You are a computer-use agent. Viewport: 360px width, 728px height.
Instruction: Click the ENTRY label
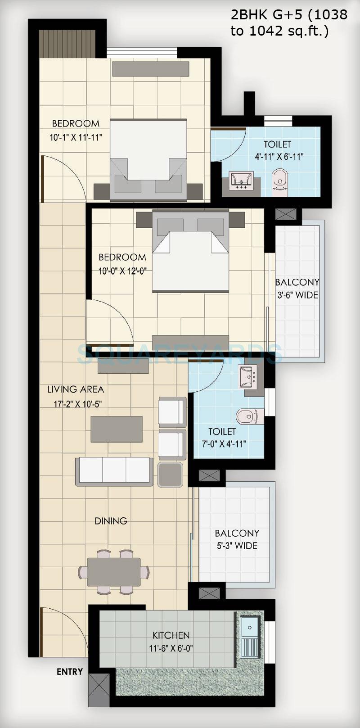click(70, 672)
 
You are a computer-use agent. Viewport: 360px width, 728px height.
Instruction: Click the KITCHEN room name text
click(171, 635)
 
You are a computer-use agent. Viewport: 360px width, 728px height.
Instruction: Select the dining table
click(114, 572)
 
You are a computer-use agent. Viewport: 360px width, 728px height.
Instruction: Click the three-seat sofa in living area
click(114, 471)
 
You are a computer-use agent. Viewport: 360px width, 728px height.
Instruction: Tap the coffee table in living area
click(117, 429)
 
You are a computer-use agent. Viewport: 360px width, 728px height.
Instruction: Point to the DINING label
click(111, 521)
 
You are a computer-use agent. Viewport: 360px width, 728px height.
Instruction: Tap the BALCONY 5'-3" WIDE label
click(237, 539)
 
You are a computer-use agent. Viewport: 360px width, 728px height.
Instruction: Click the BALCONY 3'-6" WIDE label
click(297, 289)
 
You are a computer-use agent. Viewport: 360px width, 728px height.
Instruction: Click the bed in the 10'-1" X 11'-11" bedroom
click(148, 158)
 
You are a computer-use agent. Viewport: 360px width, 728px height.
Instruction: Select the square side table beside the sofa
click(171, 475)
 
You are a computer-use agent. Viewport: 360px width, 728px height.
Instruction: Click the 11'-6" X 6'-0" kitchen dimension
click(171, 649)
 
